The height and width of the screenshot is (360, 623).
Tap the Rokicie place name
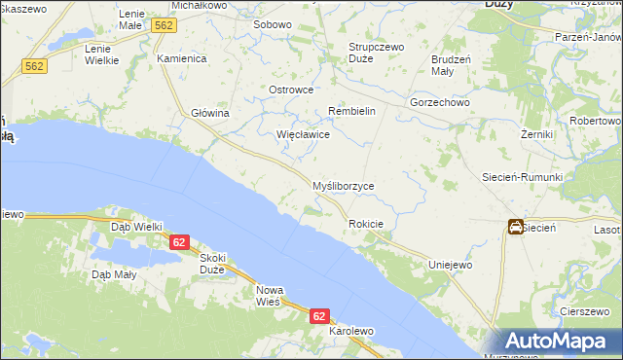tap(366, 225)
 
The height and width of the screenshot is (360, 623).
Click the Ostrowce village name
tap(290, 90)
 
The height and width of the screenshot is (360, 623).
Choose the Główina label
tap(209, 113)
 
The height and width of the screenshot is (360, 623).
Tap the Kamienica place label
tap(182, 58)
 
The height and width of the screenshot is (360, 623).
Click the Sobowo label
tap(273, 24)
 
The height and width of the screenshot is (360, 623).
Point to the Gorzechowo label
tap(440, 102)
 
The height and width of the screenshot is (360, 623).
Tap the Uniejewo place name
tap(451, 265)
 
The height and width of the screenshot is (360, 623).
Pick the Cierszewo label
tap(584, 311)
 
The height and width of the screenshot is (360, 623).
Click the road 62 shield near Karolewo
tap(320, 316)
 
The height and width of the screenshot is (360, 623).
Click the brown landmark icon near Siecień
tap(514, 227)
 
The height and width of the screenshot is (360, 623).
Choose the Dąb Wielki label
tap(136, 226)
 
